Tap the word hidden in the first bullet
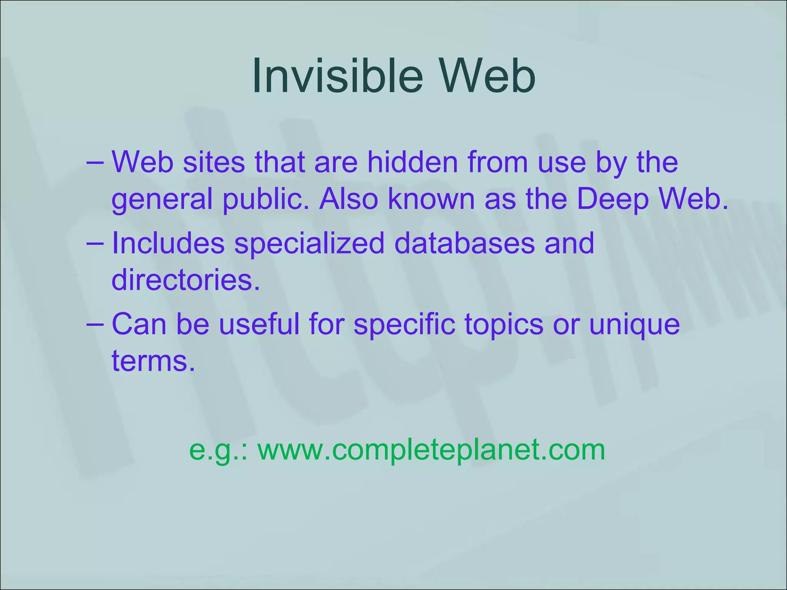(412, 162)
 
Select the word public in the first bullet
(265, 200)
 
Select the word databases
(464, 243)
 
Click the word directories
(186, 280)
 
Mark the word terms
(153, 361)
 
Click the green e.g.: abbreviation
(220, 450)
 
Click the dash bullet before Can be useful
(95, 324)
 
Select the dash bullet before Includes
(95, 243)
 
